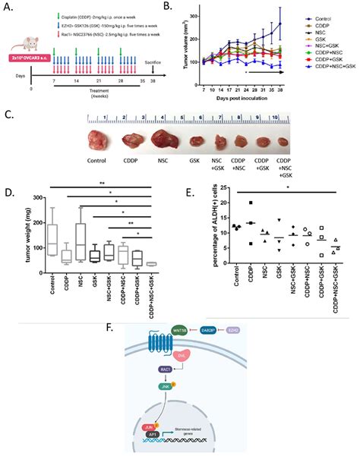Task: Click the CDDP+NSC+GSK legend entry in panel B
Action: pos(328,68)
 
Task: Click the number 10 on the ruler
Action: pos(279,119)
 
